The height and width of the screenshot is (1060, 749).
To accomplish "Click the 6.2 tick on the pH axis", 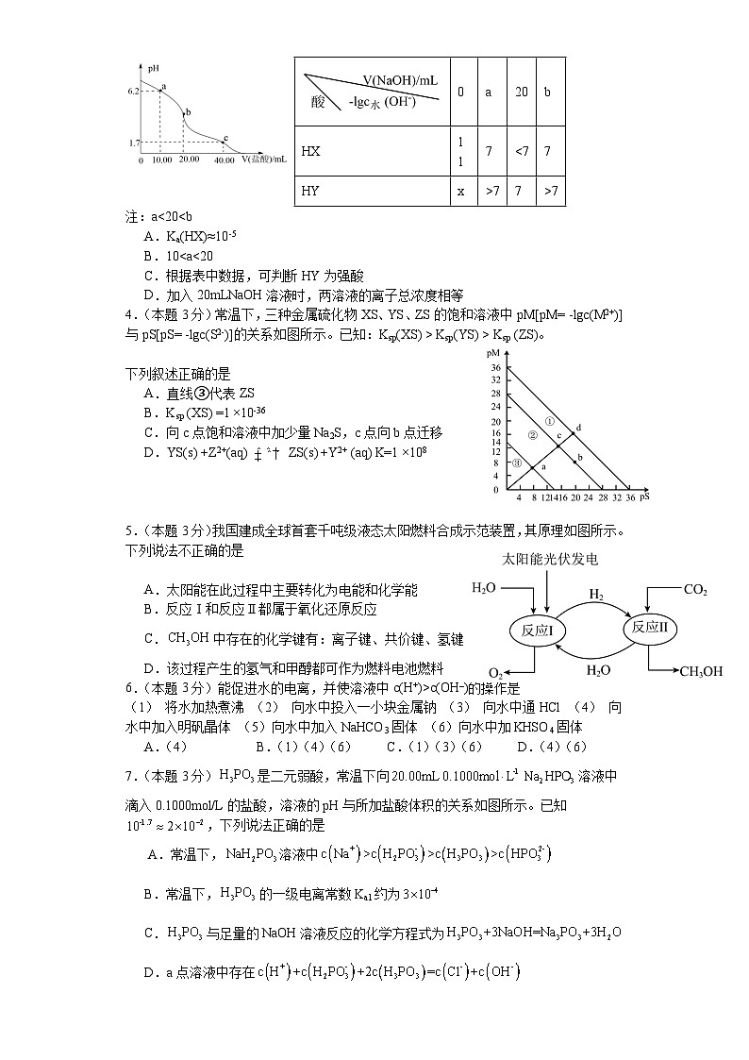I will tap(134, 91).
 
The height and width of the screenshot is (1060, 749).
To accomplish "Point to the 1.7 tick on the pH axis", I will tap(134, 143).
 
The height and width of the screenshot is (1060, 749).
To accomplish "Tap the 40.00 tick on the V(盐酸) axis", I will tap(225, 160).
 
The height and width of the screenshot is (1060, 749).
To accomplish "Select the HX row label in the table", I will tap(310, 150).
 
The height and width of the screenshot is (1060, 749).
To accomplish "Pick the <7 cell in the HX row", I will tap(521, 150).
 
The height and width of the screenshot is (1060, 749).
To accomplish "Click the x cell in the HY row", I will tap(460, 191).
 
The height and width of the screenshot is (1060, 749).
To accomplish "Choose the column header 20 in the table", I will tap(521, 93).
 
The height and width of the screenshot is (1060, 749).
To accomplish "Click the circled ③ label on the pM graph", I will tap(517, 463).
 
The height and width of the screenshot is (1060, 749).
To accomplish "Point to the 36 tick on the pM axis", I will tap(494, 366).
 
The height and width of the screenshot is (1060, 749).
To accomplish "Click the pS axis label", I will tap(644, 495).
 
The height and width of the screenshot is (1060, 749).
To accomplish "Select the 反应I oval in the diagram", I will tap(538, 628).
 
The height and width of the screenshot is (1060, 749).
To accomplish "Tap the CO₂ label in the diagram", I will tap(695, 590).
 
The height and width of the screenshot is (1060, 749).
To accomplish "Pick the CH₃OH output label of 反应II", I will tap(701, 671).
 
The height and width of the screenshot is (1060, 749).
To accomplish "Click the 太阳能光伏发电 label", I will tap(551, 559).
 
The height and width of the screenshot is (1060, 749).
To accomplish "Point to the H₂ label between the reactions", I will tap(596, 595).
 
